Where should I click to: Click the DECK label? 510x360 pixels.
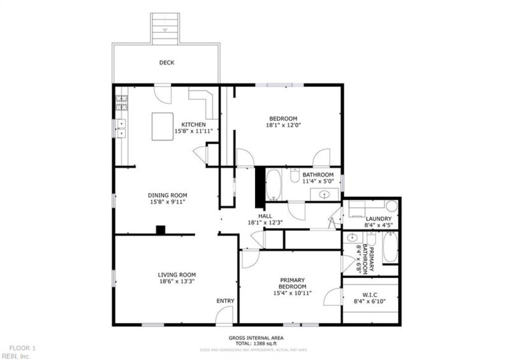pos(166,62)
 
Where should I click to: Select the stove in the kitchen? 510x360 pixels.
pos(121,101)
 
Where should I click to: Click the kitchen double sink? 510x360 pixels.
pos(120,129)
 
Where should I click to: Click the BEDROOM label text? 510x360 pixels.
pos(283,119)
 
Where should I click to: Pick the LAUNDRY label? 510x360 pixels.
pos(379,219)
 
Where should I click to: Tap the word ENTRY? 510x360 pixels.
pos(225,301)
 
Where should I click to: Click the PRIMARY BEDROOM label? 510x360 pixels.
pos(292,284)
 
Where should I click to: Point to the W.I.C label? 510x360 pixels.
pos(370,294)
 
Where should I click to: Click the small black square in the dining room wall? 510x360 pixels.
pos(161,229)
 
